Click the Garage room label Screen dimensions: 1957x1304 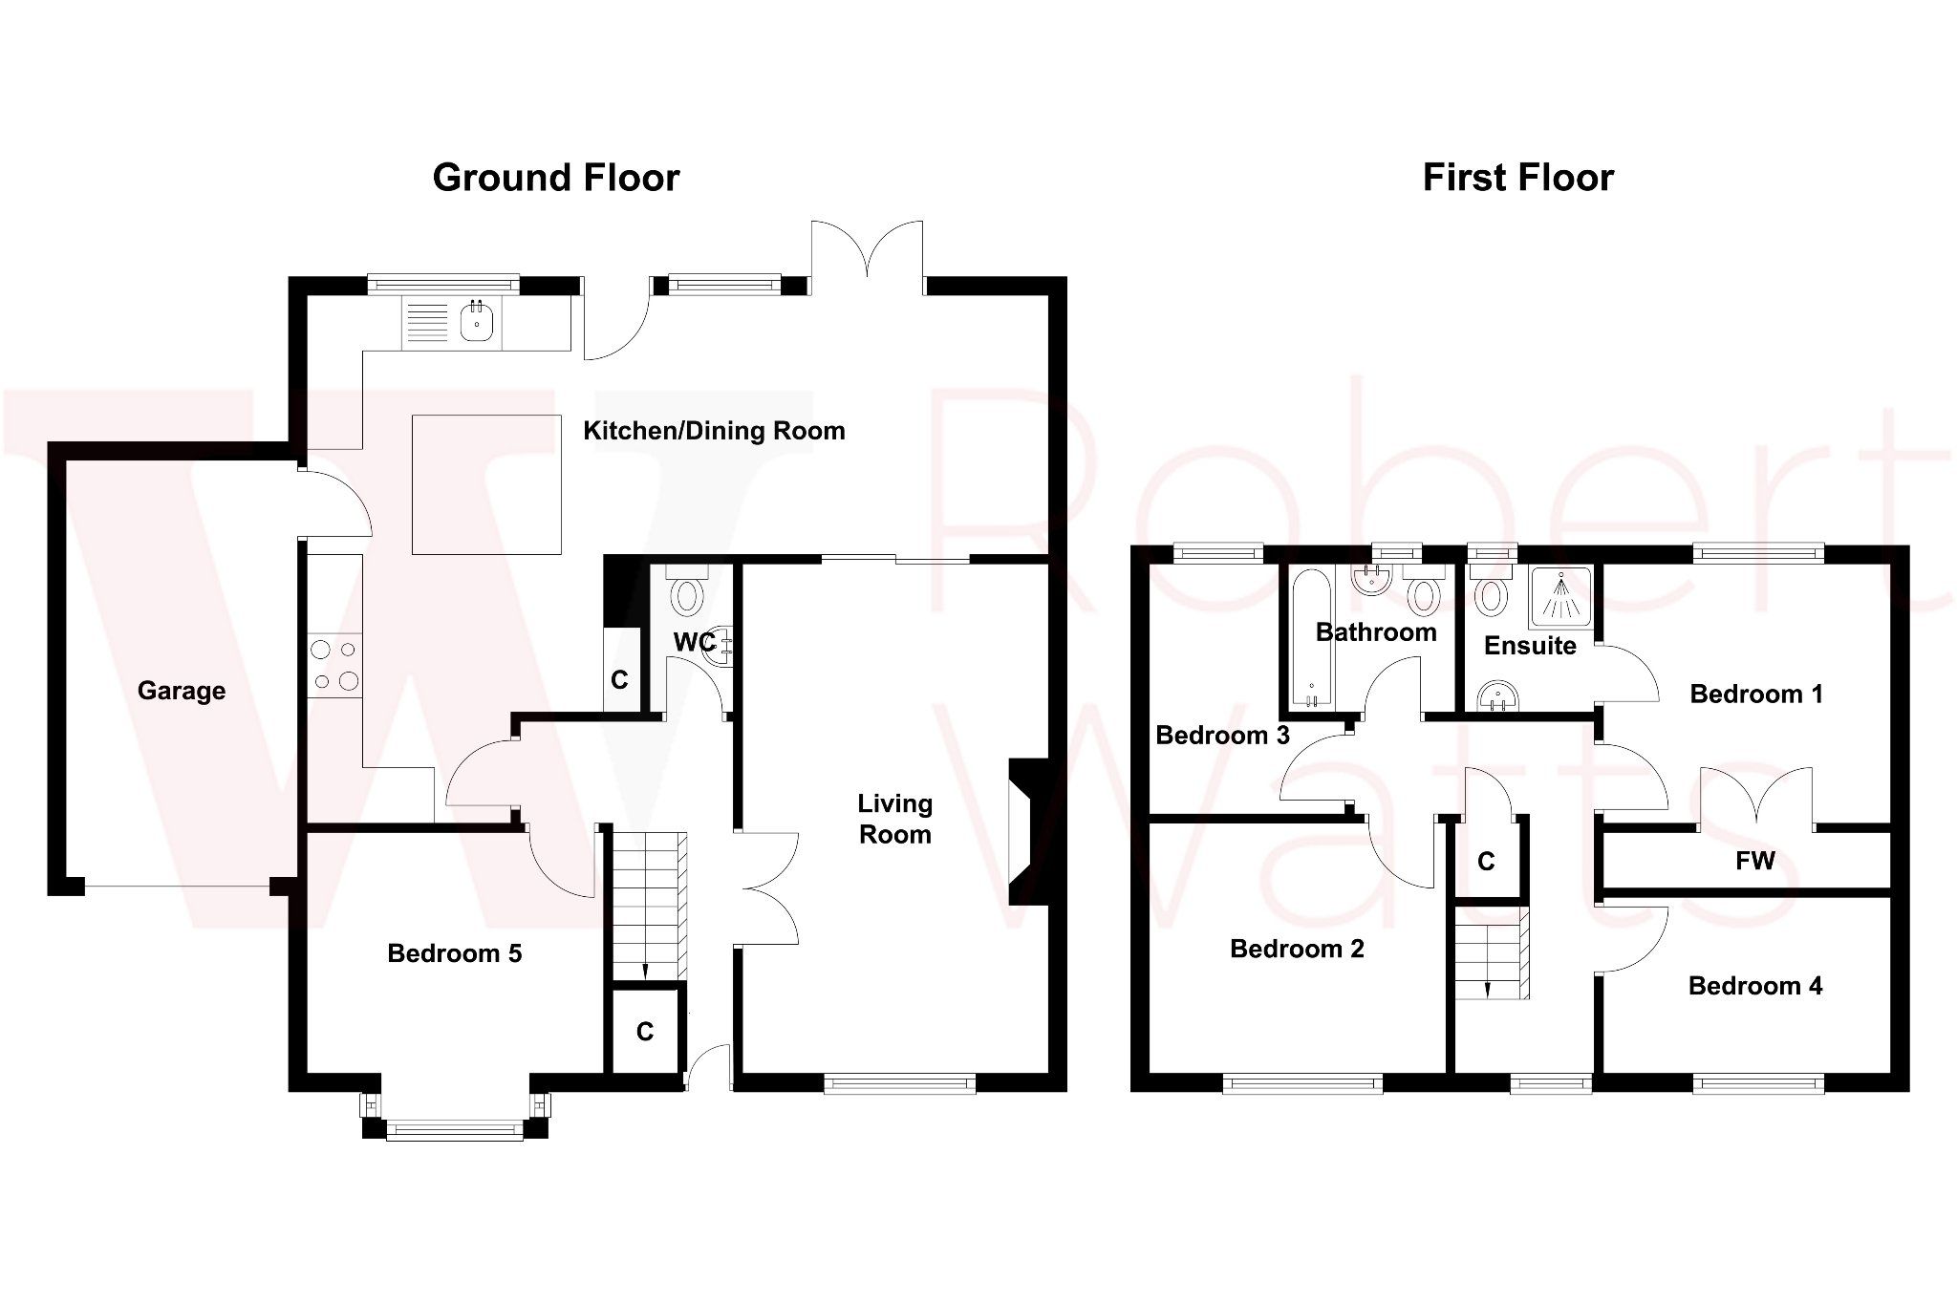pyautogui.click(x=182, y=691)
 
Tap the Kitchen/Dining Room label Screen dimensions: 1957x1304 pyautogui.click(x=714, y=431)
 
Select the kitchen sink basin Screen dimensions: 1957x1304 pyautogui.click(x=476, y=324)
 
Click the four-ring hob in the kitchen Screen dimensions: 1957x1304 pyautogui.click(x=334, y=665)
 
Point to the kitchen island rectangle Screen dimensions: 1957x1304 pyautogui.click(x=486, y=484)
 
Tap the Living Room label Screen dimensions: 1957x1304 pyautogui.click(x=894, y=819)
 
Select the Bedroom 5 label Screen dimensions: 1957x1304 pyautogui.click(x=455, y=953)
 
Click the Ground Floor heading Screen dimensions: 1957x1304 pyautogui.click(x=556, y=178)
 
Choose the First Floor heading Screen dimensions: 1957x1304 pyautogui.click(x=1518, y=178)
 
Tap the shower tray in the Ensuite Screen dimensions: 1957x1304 pyautogui.click(x=1561, y=598)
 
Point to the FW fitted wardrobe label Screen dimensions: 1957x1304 pyautogui.click(x=1755, y=862)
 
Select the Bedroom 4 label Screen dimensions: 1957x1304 pyautogui.click(x=1755, y=986)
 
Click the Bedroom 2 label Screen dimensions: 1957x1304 pyautogui.click(x=1297, y=949)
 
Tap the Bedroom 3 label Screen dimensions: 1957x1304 pyautogui.click(x=1222, y=736)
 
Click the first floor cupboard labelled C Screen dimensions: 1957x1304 pyautogui.click(x=1486, y=862)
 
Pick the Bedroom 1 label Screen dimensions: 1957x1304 pyautogui.click(x=1756, y=695)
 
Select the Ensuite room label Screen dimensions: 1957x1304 pyautogui.click(x=1530, y=646)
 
